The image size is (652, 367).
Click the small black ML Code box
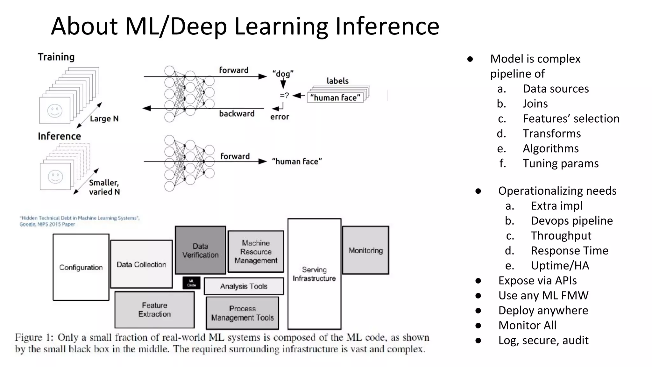click(191, 283)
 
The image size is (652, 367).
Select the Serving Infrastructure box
click(314, 274)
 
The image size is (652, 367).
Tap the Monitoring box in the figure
click(365, 250)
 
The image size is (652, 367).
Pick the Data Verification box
click(200, 250)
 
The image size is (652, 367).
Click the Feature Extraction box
click(154, 310)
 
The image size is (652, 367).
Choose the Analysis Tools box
click(244, 286)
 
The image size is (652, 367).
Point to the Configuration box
click(81, 267)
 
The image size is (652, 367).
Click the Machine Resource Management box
click(256, 252)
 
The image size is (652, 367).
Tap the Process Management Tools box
click(242, 313)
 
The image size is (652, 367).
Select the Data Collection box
click(141, 264)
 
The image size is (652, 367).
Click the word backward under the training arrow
click(237, 114)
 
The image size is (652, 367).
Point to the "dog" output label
click(283, 74)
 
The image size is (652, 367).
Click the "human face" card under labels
click(335, 97)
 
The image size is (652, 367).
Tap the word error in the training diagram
click(280, 117)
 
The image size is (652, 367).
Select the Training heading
click(56, 57)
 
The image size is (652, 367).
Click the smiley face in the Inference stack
click(55, 177)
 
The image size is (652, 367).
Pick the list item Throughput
click(561, 236)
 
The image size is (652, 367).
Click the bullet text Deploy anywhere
click(543, 310)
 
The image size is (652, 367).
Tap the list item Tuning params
click(560, 163)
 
